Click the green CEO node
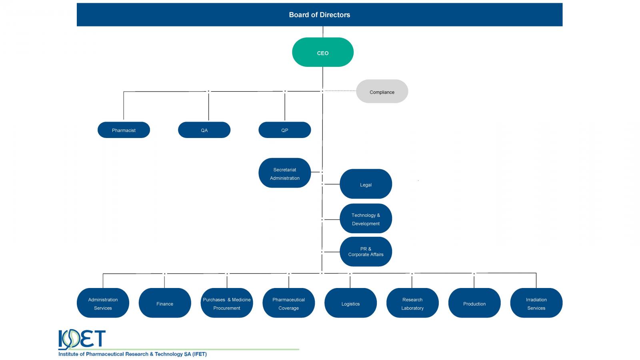[322, 52]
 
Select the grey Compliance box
[382, 92]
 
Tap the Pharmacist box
[124, 130]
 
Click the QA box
[204, 130]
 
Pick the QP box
[284, 130]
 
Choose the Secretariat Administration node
[284, 173]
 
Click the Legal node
[366, 184]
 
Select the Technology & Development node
[366, 218]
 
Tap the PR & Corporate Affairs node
[366, 252]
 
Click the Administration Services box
[103, 303]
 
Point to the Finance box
[165, 303]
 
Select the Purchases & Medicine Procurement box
[227, 303]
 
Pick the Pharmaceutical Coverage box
[288, 303]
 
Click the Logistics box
[350, 303]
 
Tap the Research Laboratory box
[412, 303]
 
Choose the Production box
[474, 303]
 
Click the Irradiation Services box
[536, 303]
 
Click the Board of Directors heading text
[320, 15]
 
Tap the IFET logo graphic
[82, 340]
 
